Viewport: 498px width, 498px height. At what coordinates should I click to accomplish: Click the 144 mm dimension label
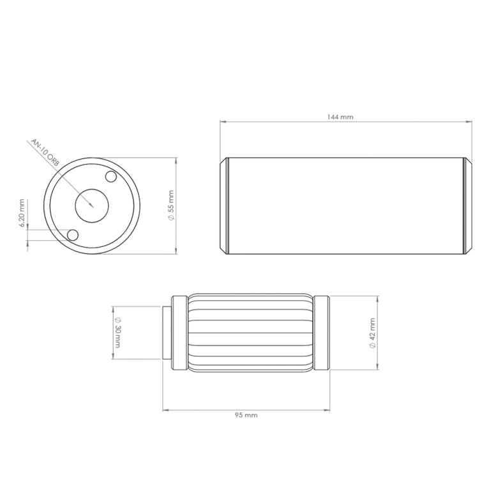(340, 117)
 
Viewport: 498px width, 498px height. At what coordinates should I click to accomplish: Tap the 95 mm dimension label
(246, 415)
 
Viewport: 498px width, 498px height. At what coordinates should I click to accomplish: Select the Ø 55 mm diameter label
(170, 206)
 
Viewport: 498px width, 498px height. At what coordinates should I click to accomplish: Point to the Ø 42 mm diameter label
(372, 333)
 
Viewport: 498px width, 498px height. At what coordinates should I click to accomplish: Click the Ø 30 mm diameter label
(117, 332)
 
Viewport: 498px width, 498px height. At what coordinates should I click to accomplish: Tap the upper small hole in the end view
(111, 176)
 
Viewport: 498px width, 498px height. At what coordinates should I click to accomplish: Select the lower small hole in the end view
(73, 235)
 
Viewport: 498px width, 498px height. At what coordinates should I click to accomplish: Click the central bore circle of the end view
(92, 205)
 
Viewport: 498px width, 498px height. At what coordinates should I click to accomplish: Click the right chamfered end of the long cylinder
(467, 206)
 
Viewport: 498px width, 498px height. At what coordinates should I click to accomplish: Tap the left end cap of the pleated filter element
(179, 333)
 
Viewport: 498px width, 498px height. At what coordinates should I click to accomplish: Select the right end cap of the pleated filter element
(322, 333)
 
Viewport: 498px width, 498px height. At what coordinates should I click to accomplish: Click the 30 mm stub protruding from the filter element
(167, 333)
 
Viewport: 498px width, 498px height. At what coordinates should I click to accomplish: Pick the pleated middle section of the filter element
(250, 333)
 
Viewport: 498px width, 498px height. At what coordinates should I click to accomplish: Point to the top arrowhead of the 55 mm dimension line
(176, 160)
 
